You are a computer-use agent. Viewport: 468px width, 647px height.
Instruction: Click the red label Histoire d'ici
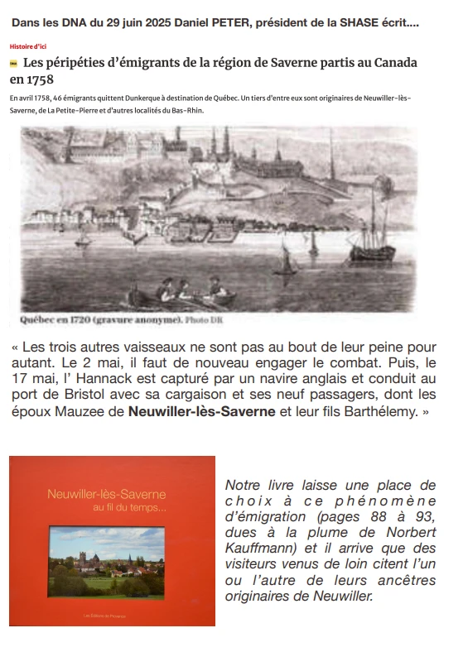[27, 47]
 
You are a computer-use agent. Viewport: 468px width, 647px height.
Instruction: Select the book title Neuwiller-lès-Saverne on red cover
[106, 495]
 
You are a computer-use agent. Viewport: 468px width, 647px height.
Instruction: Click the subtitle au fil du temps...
[131, 507]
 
